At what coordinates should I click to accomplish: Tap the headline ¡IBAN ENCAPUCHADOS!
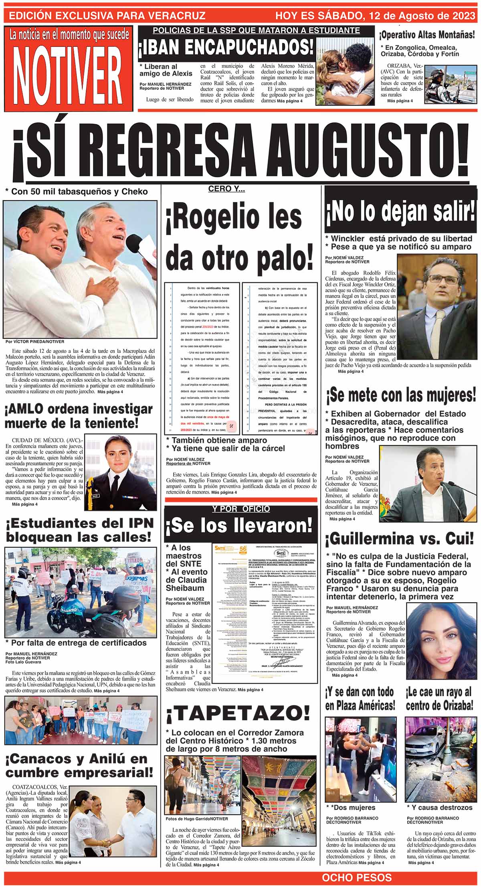tap(226, 47)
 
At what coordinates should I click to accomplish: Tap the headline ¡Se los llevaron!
tap(239, 525)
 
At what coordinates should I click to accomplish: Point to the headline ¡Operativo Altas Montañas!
tap(427, 35)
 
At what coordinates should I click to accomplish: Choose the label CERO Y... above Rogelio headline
tap(226, 189)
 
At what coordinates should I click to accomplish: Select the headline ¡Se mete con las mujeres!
tap(401, 395)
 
